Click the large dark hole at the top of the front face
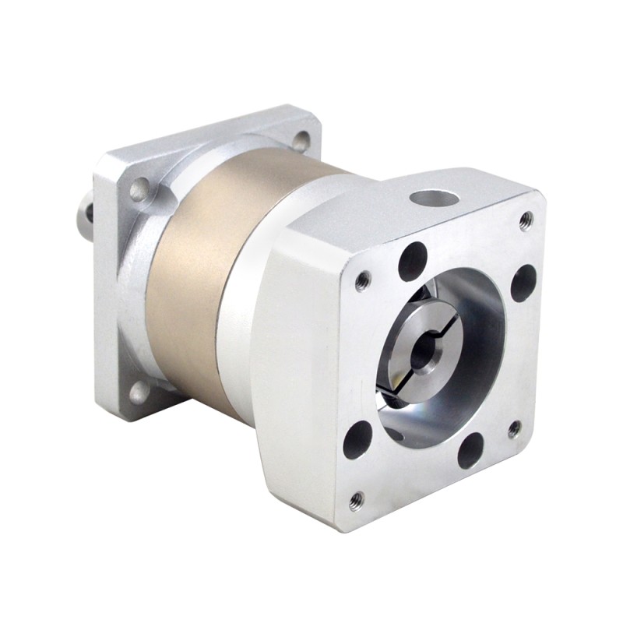point(413,262)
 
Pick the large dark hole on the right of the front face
point(523,283)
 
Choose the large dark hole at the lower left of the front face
point(357,438)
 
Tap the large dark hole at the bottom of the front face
point(470,450)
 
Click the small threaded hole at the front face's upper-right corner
point(526,220)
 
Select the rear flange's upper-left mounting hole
point(139,189)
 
